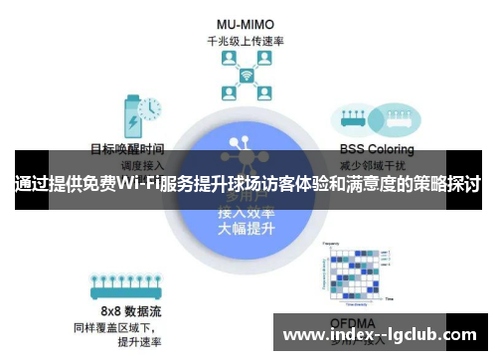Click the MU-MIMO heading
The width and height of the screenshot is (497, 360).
(246, 23)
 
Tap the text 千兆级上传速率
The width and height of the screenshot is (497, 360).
(246, 41)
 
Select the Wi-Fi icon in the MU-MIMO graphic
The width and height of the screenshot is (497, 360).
(246, 77)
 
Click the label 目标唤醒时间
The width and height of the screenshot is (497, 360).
(127, 149)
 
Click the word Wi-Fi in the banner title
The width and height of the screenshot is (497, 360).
(140, 184)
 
